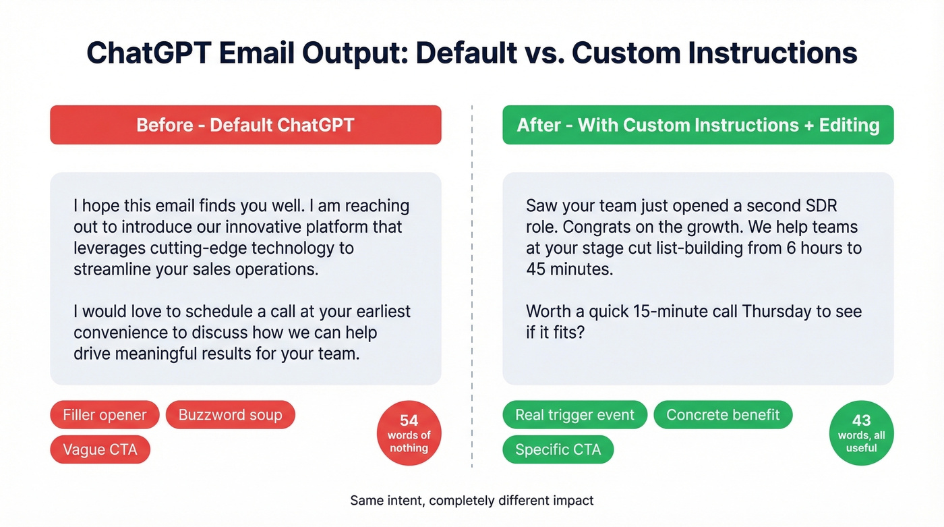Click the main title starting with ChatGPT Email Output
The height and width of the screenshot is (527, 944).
pos(472,53)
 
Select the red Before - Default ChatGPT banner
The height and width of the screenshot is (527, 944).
pos(245,125)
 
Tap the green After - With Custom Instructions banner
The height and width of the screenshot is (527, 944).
pos(698,125)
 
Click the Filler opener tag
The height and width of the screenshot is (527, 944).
pos(105,414)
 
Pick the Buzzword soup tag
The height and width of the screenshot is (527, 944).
pos(230,414)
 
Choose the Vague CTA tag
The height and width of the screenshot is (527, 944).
pos(100,449)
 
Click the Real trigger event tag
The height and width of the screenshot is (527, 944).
pos(574,414)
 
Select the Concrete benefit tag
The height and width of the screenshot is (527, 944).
pos(723,414)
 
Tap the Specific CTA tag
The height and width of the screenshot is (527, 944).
pos(558,449)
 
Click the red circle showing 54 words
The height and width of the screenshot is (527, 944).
pos(409,434)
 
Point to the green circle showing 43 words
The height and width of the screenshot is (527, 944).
pos(861,434)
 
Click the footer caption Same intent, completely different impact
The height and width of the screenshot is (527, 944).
pos(472,501)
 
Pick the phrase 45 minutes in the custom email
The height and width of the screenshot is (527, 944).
pos(569,269)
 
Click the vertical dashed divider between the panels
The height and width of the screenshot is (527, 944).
pos(472,283)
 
